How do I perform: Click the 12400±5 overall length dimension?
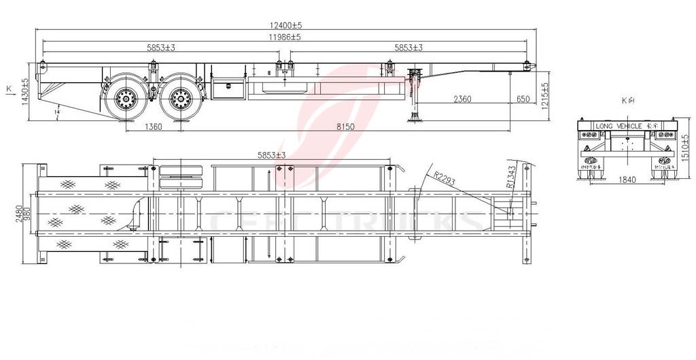pos(285,25)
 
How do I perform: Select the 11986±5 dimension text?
pos(285,37)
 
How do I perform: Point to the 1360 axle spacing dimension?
pos(154,127)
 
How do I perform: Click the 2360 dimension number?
pos(462,99)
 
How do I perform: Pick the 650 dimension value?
pos(523,99)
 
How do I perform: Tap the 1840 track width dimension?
pos(627,179)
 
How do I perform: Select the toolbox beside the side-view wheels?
pos(226,88)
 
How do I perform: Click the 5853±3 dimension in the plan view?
pos(271,156)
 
